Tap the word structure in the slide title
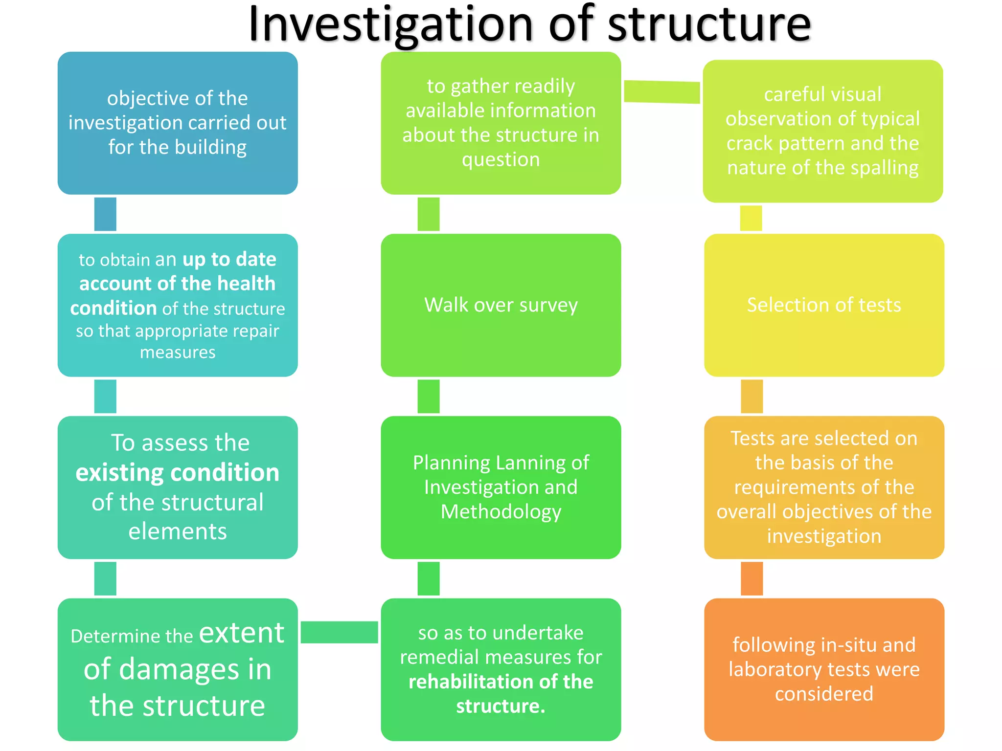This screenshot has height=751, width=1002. click(709, 24)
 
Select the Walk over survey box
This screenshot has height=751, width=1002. click(501, 305)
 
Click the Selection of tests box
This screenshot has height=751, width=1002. click(824, 305)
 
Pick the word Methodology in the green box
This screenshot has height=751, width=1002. click(501, 512)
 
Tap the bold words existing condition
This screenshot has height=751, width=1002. click(177, 473)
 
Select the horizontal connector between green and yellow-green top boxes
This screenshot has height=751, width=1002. click(662, 92)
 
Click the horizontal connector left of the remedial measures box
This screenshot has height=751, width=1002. click(339, 632)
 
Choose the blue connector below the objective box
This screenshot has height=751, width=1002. click(105, 214)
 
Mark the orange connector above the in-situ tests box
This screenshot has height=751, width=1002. click(751, 578)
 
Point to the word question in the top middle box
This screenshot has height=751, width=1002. click(501, 160)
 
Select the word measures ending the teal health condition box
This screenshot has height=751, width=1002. click(178, 353)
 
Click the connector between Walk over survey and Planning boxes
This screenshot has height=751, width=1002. click(429, 397)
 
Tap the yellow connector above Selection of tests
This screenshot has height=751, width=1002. click(751, 218)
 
